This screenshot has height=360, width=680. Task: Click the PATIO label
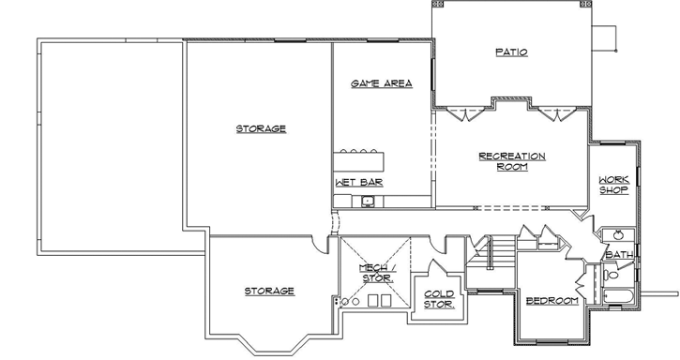(511, 52)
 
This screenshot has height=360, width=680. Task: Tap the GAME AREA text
(382, 83)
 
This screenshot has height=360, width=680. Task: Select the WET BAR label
(358, 182)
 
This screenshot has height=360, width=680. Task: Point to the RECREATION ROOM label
(511, 161)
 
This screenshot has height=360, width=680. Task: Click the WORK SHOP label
(614, 184)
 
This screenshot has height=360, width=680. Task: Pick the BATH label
(618, 254)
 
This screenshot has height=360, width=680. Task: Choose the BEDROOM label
(552, 301)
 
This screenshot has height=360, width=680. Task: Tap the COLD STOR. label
(439, 298)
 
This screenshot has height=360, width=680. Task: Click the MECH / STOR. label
(378, 273)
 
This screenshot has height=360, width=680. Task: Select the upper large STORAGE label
(260, 128)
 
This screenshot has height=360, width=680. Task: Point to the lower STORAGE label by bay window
(269, 292)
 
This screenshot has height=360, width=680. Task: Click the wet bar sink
(369, 201)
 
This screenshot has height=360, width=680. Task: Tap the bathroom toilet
(611, 275)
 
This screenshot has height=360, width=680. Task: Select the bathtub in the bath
(616, 298)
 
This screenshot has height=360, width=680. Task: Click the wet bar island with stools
(359, 157)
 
